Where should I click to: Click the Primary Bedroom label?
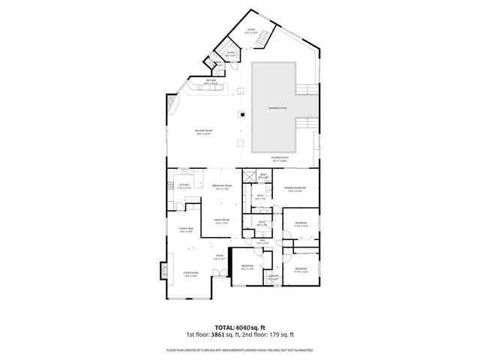pyautogui.click(x=293, y=190)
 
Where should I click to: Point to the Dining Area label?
pyautogui.click(x=186, y=229)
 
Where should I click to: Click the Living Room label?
pyautogui.click(x=190, y=274)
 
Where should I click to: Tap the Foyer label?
pyautogui.click(x=219, y=258)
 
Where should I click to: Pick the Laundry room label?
pyautogui.click(x=274, y=279)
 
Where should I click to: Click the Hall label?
pyautogui.click(x=262, y=242)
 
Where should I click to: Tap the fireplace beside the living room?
pyautogui.click(x=163, y=271)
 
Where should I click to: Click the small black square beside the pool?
pyautogui.click(x=241, y=115)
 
